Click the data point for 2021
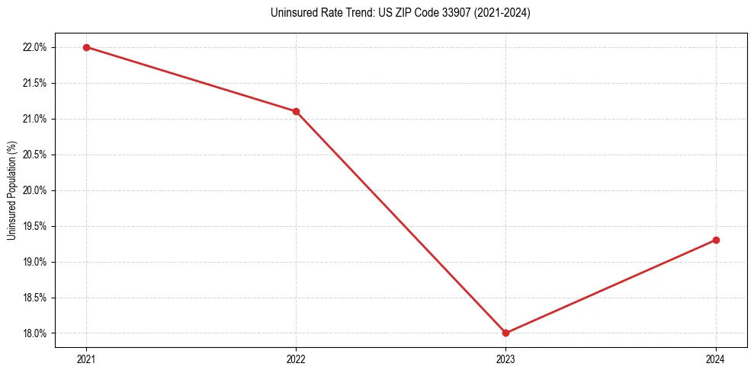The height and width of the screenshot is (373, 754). click(86, 47)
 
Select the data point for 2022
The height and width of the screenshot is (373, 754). click(296, 111)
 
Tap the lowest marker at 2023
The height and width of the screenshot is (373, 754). click(505, 333)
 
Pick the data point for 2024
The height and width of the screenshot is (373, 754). click(716, 240)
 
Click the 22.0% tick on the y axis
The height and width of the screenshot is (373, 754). click(35, 47)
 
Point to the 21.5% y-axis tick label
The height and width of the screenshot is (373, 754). click(35, 83)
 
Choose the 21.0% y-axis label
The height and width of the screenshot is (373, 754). click(35, 119)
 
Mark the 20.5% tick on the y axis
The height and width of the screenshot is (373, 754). click(35, 155)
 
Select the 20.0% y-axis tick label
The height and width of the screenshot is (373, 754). click(35, 190)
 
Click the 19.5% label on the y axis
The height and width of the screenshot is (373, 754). click(35, 226)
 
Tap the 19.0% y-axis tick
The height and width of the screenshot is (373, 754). click(35, 262)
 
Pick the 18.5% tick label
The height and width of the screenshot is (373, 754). click(35, 298)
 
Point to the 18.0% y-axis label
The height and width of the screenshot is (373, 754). click(35, 333)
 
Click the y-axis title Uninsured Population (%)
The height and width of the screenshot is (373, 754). click(11, 190)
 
